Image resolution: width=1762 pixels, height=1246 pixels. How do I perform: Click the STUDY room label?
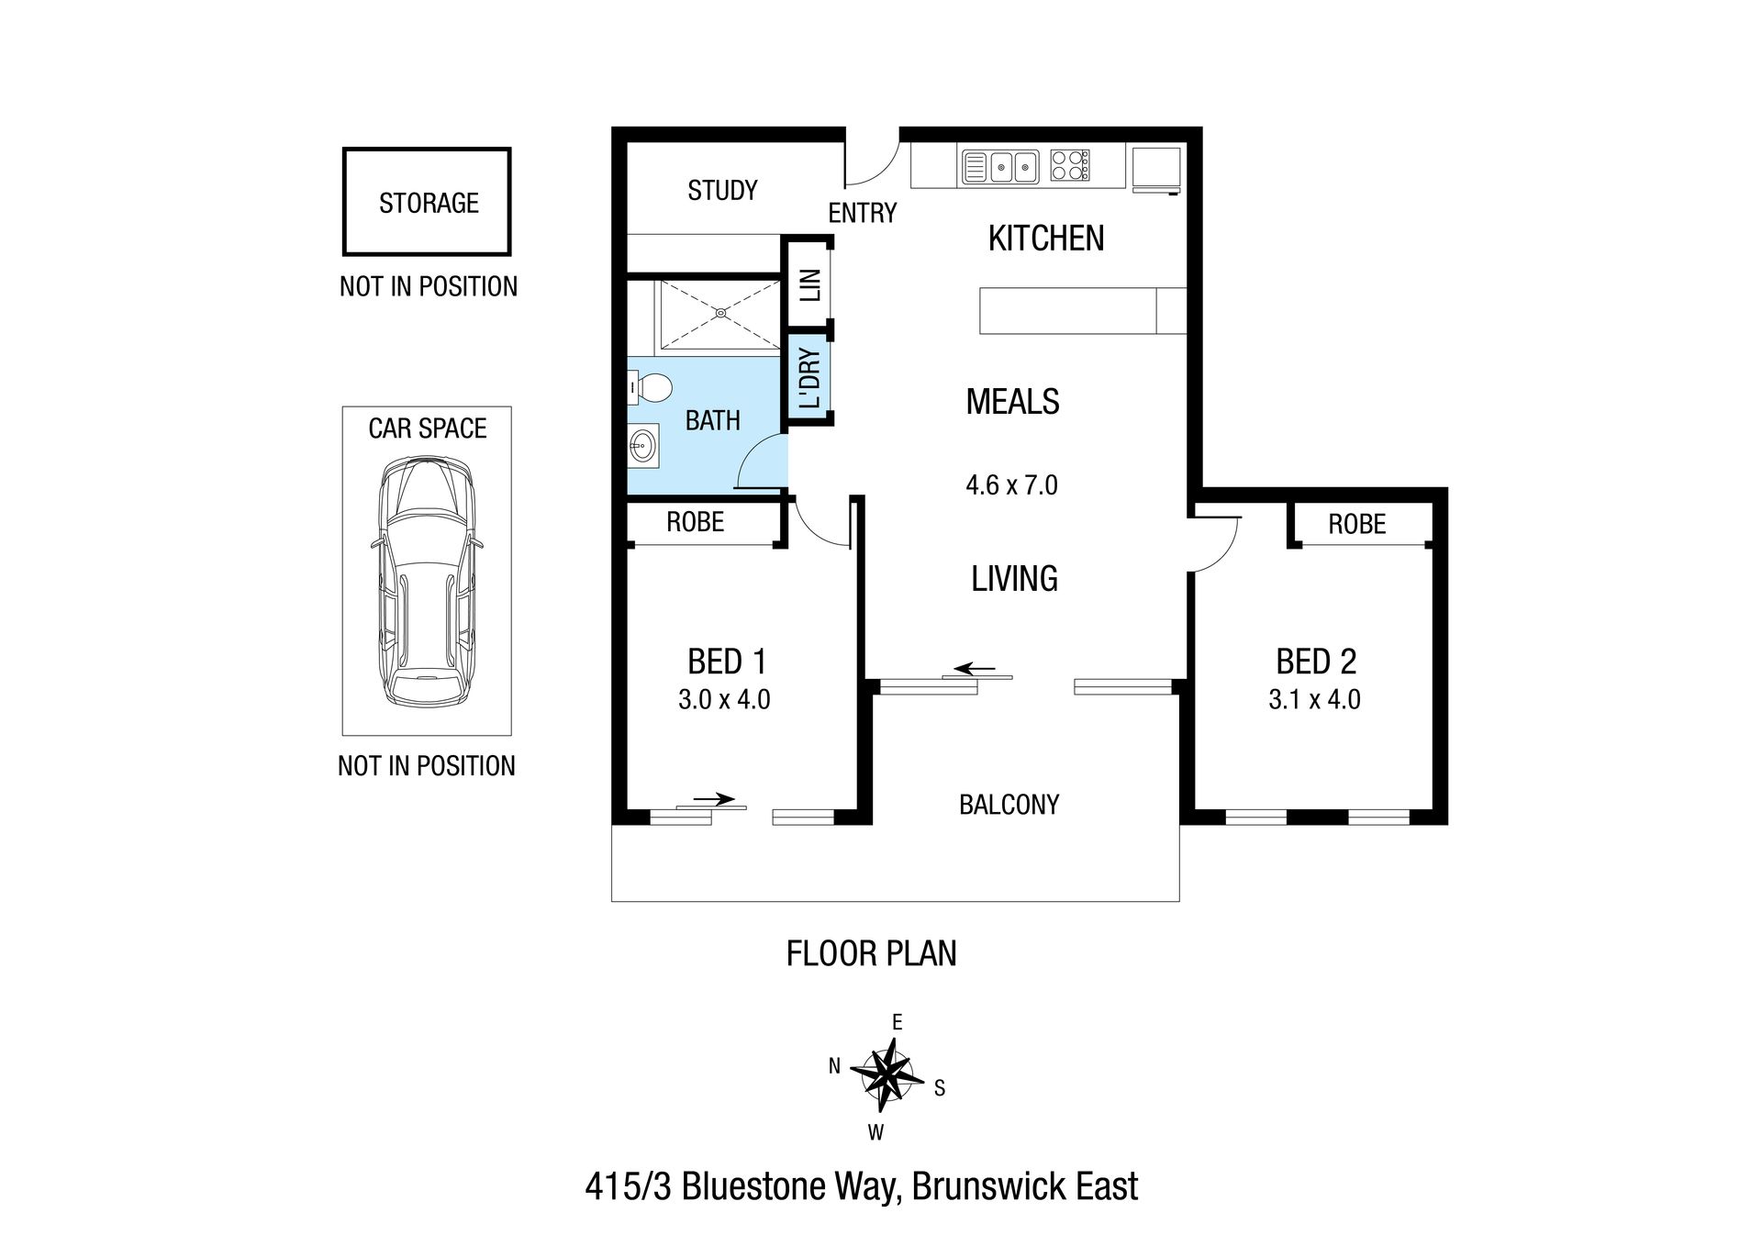click(722, 191)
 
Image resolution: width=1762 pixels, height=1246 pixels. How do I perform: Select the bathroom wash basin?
click(642, 448)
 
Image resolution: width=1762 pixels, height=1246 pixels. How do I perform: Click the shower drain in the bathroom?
click(720, 313)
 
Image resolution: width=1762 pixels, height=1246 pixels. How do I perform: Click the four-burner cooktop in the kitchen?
click(1069, 165)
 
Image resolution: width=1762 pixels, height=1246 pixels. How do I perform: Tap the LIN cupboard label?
click(810, 284)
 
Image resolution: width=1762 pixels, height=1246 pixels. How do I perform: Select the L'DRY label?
click(810, 378)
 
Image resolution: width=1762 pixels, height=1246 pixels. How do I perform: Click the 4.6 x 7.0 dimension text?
click(1011, 484)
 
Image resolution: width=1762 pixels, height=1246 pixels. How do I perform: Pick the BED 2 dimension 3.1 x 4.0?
click(1314, 699)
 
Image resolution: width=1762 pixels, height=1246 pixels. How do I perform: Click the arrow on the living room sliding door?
click(975, 669)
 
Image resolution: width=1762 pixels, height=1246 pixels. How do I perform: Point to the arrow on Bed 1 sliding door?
click(714, 798)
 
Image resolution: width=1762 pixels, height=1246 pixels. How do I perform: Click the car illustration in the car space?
click(427, 582)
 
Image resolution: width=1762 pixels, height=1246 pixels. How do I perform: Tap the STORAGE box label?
click(429, 203)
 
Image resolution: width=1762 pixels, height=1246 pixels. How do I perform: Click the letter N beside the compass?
click(834, 1066)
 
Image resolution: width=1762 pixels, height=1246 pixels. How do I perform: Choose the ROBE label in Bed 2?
click(1356, 524)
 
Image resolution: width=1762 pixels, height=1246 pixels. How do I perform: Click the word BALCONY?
click(1009, 805)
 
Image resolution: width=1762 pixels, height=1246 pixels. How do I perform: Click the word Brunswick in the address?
click(989, 1186)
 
